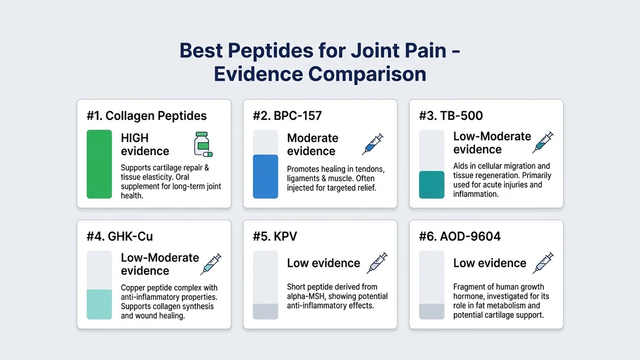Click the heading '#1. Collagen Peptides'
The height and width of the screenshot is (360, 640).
coord(146,116)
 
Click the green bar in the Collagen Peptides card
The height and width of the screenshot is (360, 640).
coord(99,164)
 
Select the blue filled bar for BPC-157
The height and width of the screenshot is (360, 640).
coord(265,177)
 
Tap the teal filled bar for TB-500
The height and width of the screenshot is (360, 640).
coord(431,185)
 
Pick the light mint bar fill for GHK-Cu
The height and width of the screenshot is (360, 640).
coord(99,304)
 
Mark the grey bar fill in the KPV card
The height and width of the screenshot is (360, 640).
coord(265,311)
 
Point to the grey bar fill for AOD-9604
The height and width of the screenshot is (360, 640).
coord(431,311)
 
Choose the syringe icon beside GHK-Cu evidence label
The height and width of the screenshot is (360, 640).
coord(211,264)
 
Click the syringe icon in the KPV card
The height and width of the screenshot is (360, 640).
coord(377,263)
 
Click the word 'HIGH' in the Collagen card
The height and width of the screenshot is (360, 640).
coord(135,138)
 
